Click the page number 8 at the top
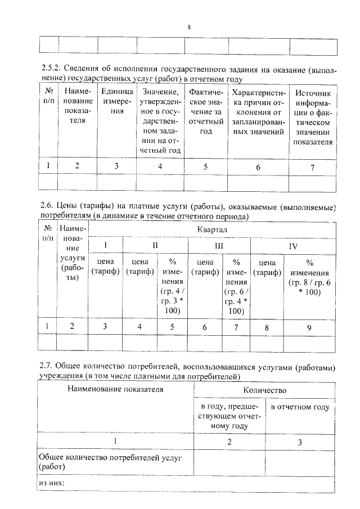(x=188, y=27)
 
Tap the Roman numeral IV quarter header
(x=293, y=246)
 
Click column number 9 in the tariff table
(x=310, y=327)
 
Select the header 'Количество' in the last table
(x=264, y=390)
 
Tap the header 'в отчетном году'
(x=300, y=407)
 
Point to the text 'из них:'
(x=52, y=483)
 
